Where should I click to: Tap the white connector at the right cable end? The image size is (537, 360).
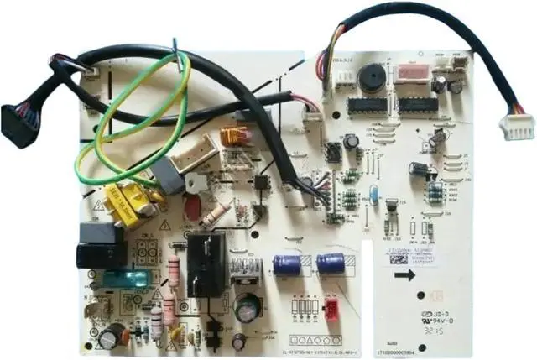(517, 126)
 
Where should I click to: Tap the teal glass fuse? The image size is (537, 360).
(123, 279)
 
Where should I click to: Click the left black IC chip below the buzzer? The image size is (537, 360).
(367, 105)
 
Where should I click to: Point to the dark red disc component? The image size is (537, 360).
(192, 208)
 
